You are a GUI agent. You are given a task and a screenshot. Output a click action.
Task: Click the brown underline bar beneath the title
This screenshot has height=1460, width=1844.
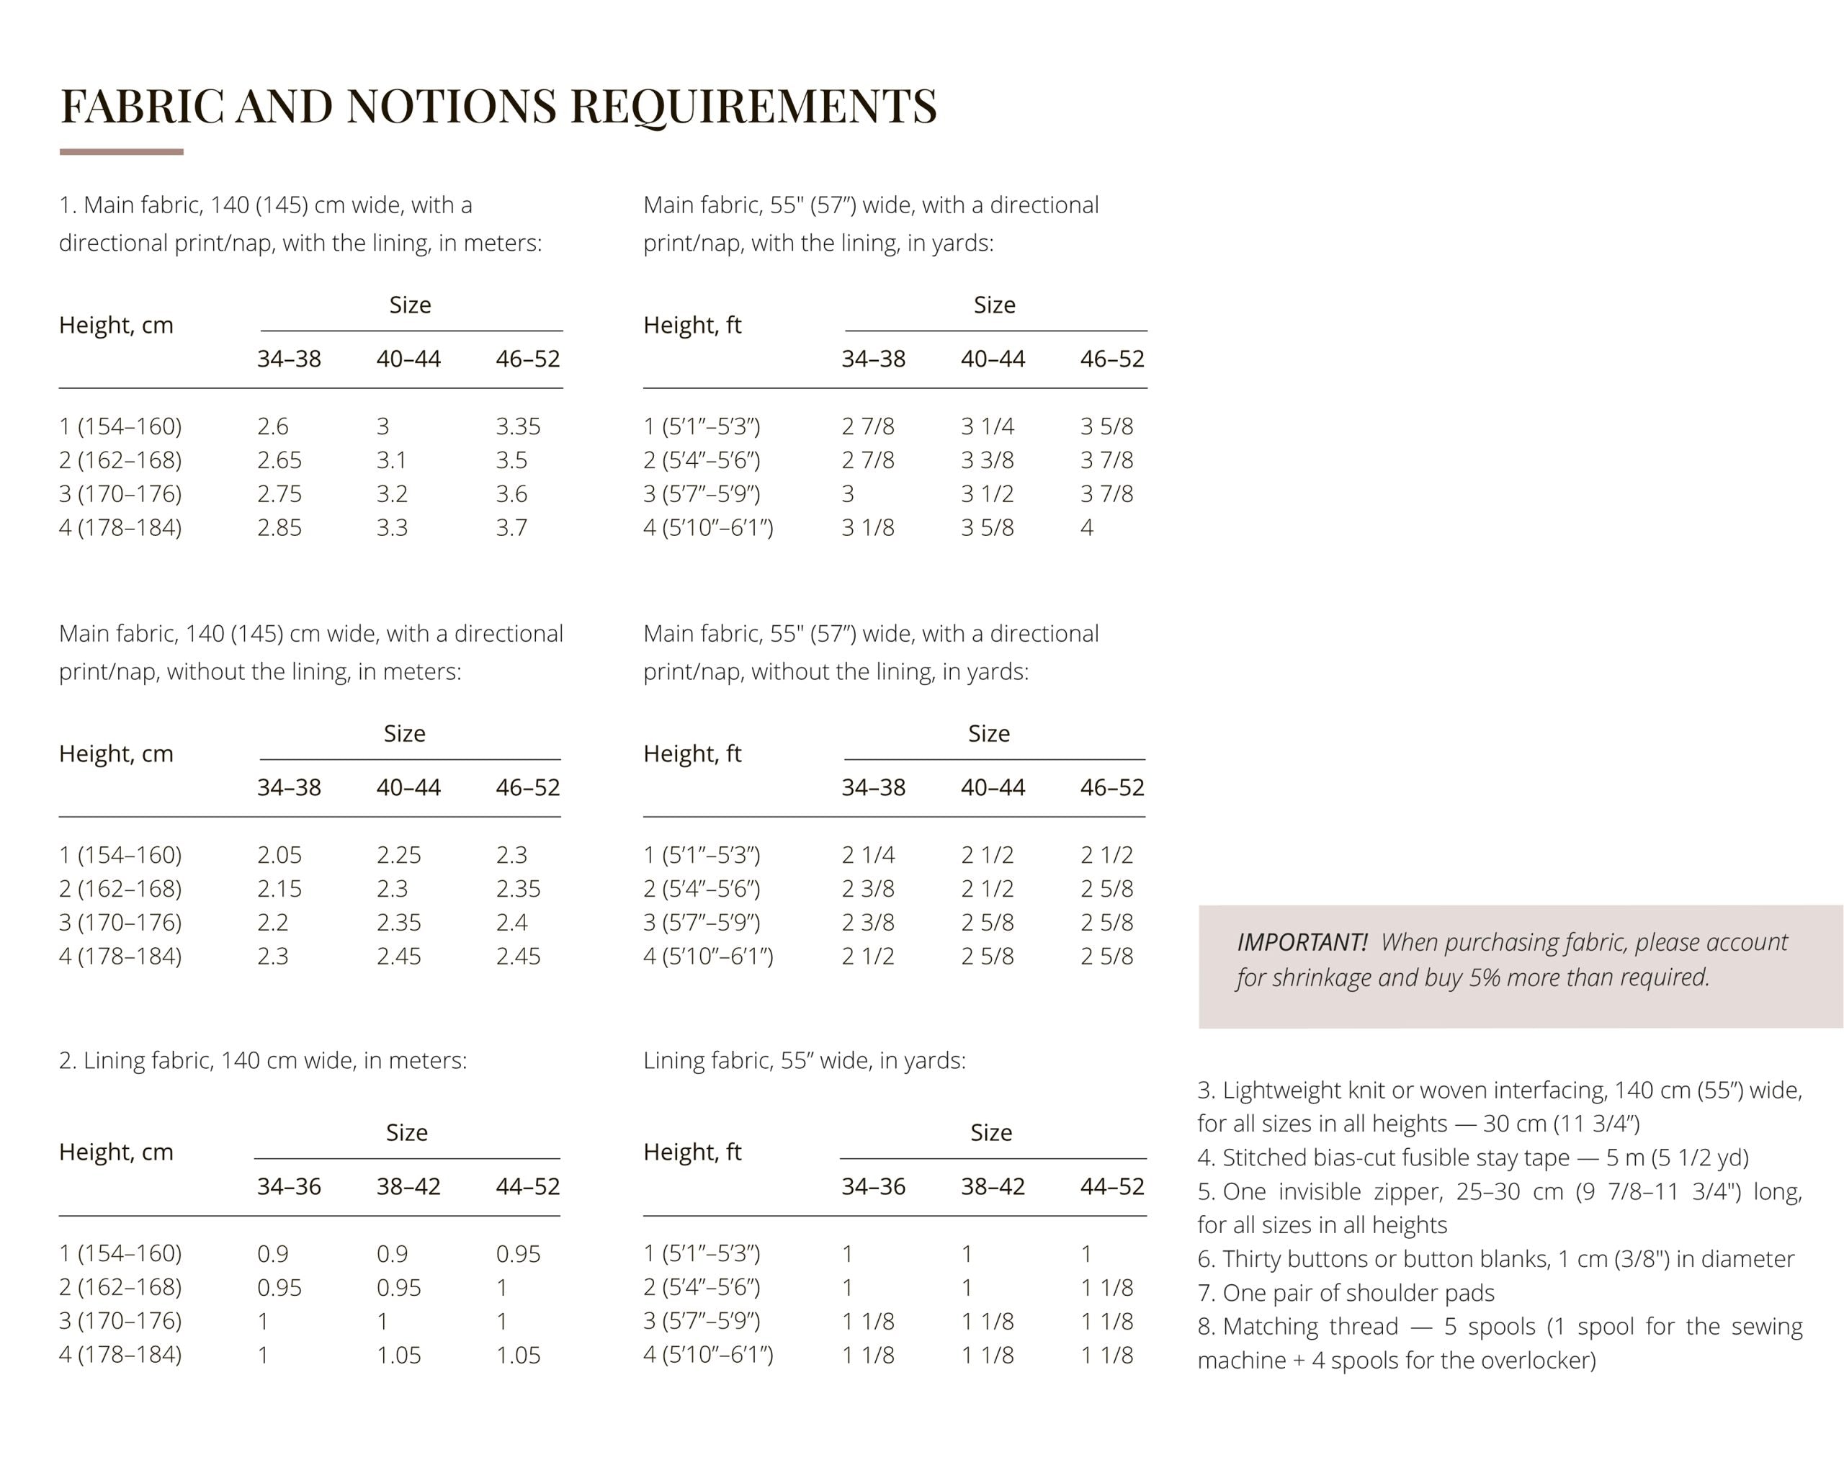tap(122, 152)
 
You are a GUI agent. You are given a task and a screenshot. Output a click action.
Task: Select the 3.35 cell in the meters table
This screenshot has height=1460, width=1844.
tap(517, 426)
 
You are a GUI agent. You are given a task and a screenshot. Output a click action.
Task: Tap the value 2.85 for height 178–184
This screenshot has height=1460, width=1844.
tap(279, 527)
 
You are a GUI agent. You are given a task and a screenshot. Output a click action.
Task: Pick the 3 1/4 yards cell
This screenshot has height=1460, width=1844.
tap(987, 426)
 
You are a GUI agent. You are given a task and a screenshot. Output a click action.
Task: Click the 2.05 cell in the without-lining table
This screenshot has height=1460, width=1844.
tap(279, 855)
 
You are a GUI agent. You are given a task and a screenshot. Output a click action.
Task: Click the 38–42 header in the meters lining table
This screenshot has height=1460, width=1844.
tap(408, 1186)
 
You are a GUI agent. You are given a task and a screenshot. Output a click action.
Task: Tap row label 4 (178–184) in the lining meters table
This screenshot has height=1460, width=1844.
tap(120, 1354)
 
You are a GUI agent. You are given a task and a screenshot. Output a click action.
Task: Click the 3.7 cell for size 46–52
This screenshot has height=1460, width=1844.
tap(511, 527)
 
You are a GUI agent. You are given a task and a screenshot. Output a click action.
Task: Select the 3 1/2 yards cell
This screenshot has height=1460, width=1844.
tap(987, 493)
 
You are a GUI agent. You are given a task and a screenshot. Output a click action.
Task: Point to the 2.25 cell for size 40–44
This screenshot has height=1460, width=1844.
tap(398, 855)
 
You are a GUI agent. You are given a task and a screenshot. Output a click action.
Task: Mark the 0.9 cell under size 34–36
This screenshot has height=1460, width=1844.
tap(273, 1253)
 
